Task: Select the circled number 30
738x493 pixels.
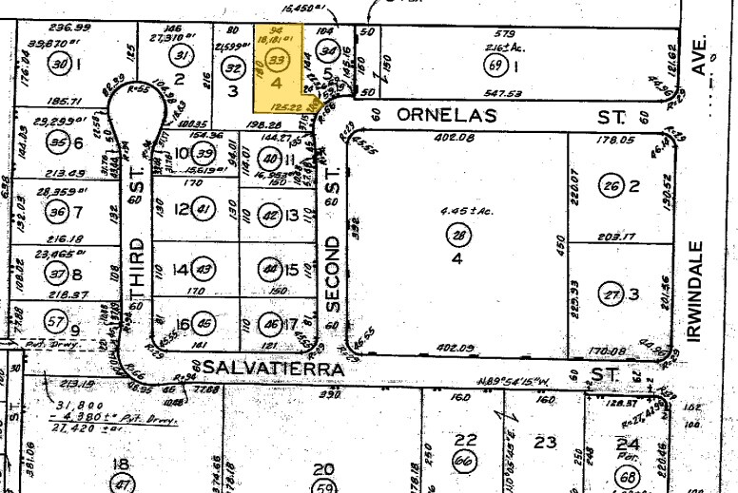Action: (x=62, y=65)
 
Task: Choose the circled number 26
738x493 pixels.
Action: (x=612, y=186)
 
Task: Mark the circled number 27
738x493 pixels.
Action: (x=612, y=295)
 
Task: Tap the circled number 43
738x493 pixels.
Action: (x=203, y=269)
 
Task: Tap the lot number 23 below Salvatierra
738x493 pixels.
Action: (x=545, y=443)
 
